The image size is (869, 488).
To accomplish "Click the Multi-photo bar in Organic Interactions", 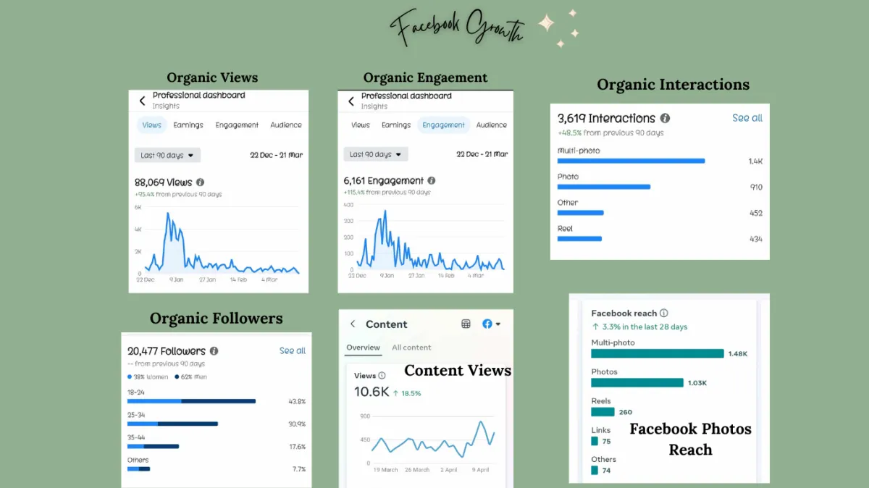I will point(631,161).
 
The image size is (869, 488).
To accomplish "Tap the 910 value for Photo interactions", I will point(756,188).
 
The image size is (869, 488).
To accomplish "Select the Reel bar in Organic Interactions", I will point(579,238).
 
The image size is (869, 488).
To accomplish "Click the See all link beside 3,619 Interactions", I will point(747,118).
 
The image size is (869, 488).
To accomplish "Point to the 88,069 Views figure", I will point(164,182).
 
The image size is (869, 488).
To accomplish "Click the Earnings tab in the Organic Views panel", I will point(188,125).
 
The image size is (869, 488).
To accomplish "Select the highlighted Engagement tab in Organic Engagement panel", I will point(443,125).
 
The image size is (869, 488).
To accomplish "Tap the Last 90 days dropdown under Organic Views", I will point(167,155).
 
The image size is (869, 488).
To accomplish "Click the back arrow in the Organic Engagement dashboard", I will point(351,101).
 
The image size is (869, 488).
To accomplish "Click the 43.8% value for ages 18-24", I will point(297,401).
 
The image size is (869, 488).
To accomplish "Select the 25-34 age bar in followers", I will point(172,424).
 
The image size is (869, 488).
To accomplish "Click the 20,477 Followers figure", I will point(167,351).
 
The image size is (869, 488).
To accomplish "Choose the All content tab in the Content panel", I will point(411,348).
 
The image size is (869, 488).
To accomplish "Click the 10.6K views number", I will point(371,392).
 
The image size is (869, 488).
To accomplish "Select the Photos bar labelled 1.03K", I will point(637,382).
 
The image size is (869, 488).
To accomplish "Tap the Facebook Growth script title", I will point(458,29).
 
